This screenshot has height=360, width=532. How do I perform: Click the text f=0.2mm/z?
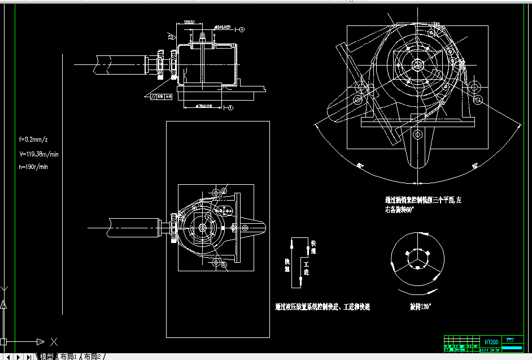tap(33, 139)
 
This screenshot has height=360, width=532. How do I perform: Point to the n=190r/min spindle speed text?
tap(34, 167)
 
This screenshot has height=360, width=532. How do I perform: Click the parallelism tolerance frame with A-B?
tap(161, 97)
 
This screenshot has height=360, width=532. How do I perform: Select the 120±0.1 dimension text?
tap(190, 22)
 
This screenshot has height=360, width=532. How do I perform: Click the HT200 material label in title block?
tap(491, 342)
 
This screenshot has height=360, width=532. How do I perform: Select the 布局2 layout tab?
tap(93, 357)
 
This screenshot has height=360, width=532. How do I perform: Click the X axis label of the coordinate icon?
tap(54, 341)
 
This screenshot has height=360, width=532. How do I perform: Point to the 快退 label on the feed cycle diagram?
tap(287, 265)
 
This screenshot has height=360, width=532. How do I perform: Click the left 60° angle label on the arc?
tap(360, 166)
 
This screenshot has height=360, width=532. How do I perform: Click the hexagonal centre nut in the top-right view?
tap(418, 64)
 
